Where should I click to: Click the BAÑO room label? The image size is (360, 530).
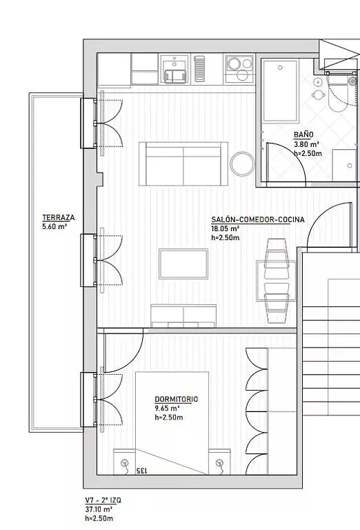point(303,135)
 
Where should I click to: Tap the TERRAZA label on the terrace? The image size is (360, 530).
point(59,217)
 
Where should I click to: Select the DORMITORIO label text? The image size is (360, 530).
point(177,399)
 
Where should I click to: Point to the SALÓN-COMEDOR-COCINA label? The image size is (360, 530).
point(258,219)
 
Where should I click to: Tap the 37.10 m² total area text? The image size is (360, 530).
point(99,509)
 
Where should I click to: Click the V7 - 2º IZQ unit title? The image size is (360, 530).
point(103,500)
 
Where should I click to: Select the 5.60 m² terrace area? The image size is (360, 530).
point(54,227)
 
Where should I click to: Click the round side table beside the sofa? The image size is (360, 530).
point(242,164)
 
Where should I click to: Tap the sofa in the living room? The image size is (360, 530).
point(183,164)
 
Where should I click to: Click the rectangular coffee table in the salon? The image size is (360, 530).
point(183,264)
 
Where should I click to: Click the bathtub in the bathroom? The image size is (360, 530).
point(280,91)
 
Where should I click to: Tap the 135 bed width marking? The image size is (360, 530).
point(141,470)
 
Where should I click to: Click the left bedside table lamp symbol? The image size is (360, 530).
point(125,464)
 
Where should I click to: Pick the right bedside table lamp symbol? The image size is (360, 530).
point(220,464)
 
